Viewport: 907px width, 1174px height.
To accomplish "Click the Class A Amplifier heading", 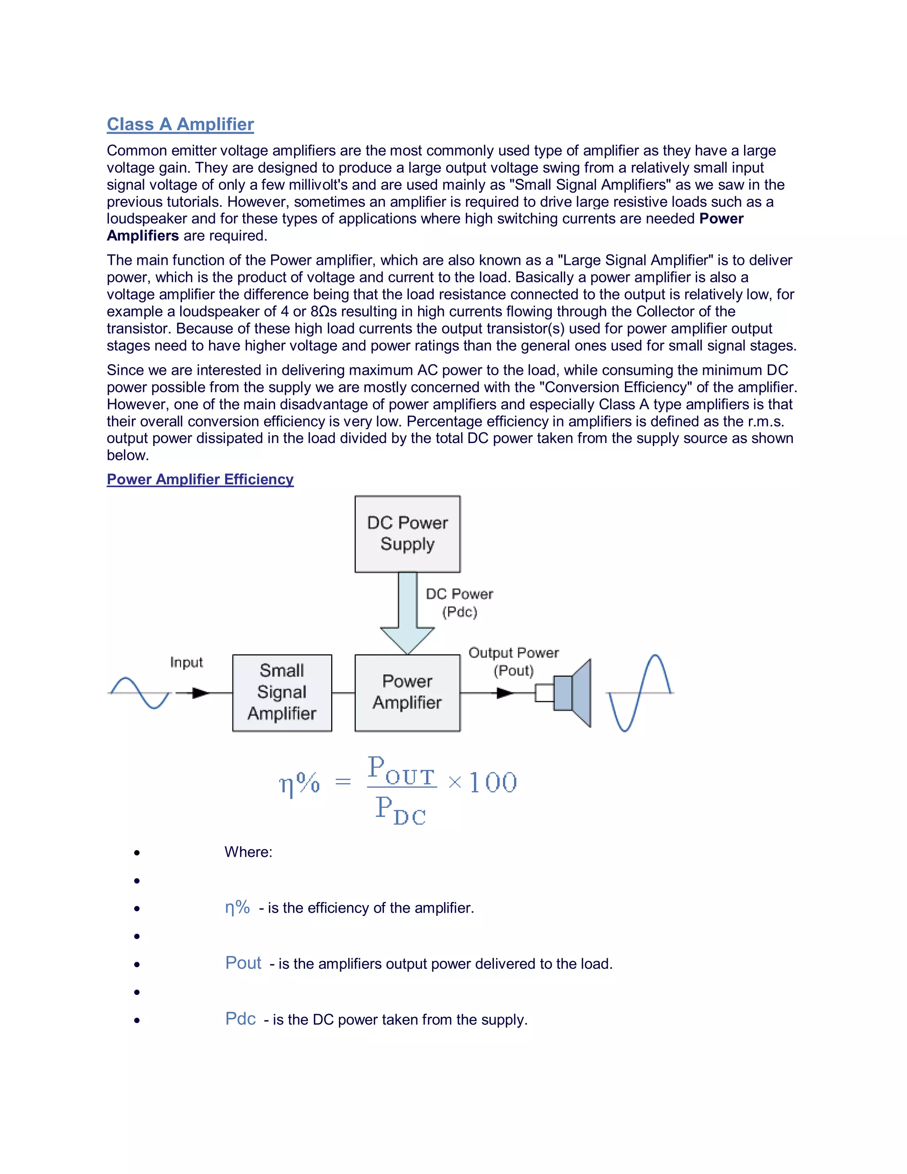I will tap(180, 124).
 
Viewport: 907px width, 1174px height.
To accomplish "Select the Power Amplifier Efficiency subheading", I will tap(200, 479).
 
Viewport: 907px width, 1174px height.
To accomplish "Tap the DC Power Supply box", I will tap(407, 534).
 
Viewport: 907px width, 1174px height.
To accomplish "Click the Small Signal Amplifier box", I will tap(282, 692).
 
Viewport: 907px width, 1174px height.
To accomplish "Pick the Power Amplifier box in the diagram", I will tap(407, 692).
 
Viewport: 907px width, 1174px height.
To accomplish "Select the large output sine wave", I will tap(640, 693).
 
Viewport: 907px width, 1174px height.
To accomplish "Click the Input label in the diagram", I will tap(186, 662).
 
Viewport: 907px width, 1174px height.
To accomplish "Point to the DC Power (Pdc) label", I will tap(459, 603).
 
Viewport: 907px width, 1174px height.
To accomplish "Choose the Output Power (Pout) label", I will tap(514, 662).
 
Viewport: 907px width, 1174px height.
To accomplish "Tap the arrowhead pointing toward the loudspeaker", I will tap(505, 693).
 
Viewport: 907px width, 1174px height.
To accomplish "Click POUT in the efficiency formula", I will tap(401, 770).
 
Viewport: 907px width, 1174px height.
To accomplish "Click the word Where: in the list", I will tap(248, 852).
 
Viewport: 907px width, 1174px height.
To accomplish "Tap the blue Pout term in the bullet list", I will tap(243, 963).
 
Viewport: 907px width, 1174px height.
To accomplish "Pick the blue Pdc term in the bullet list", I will tap(240, 1019).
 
